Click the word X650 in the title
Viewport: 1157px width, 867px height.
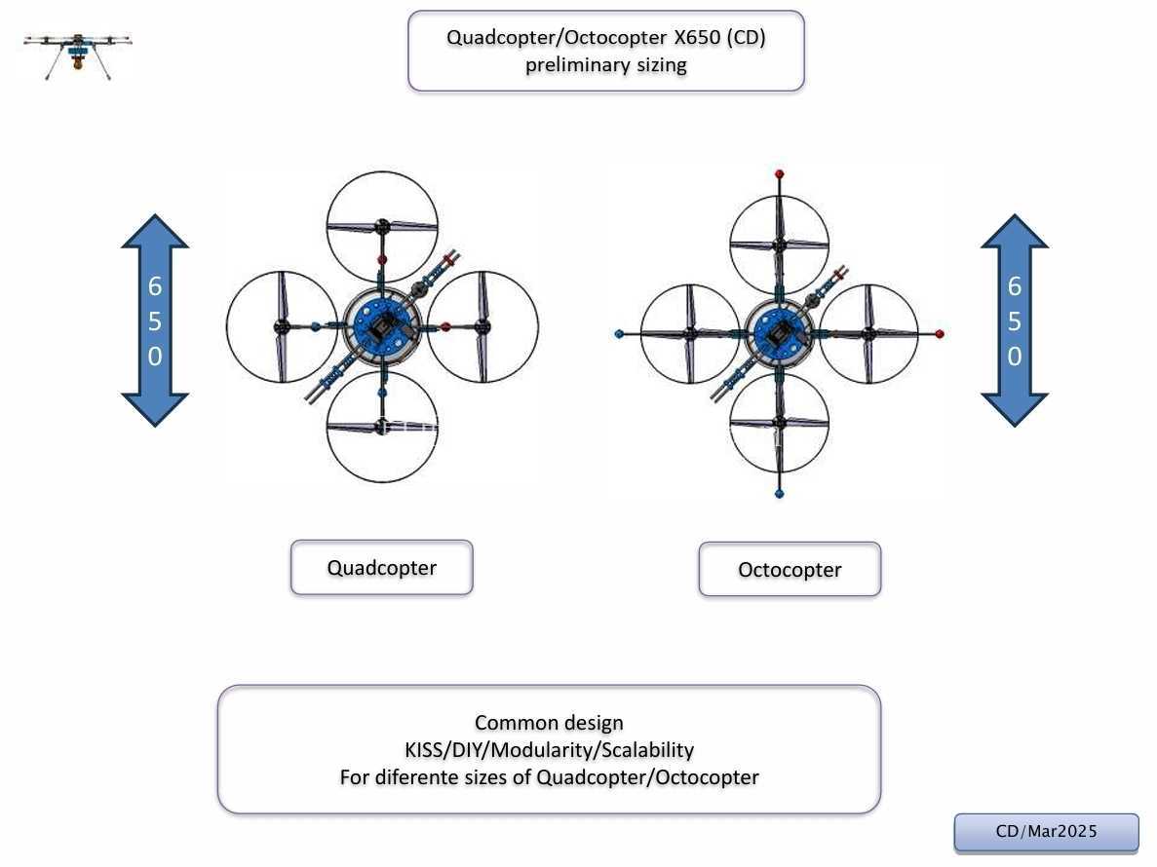pos(697,37)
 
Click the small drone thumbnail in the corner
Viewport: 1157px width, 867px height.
pos(77,55)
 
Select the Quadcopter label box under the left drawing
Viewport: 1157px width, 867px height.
pos(381,568)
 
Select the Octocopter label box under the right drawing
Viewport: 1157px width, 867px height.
pos(790,569)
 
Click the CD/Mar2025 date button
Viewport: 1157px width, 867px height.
pos(1046,832)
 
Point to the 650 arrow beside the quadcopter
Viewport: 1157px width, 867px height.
pos(155,320)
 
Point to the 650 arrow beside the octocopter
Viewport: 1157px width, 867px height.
pos(1015,320)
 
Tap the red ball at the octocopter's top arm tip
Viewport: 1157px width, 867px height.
pos(779,174)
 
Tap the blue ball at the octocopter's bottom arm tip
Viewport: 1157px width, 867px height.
pos(779,493)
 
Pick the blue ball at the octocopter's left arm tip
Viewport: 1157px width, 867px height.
pos(619,334)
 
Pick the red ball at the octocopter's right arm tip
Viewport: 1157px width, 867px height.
pos(940,334)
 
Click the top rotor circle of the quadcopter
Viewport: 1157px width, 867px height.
pos(382,172)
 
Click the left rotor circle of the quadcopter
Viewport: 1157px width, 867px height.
pos(227,326)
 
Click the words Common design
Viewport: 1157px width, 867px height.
pos(549,723)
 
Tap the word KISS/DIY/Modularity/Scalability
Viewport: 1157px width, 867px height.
pos(549,750)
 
